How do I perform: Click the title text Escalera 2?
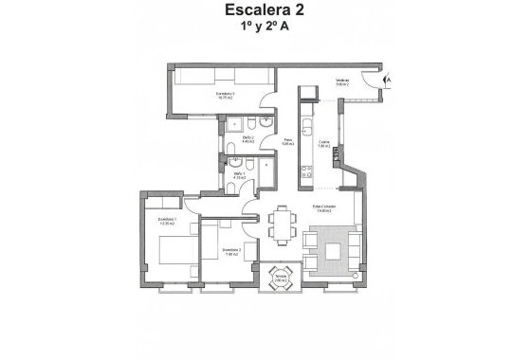coord(265,11)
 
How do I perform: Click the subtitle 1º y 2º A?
coord(265,28)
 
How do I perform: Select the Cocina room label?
coord(323,144)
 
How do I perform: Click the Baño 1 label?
coord(240,175)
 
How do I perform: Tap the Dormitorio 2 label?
coord(231,251)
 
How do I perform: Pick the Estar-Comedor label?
coord(325,208)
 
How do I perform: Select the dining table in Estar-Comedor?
coord(281,225)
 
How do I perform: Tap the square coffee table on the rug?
coord(333,253)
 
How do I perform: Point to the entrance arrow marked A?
coord(388,81)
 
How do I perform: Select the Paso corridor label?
coord(288,142)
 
